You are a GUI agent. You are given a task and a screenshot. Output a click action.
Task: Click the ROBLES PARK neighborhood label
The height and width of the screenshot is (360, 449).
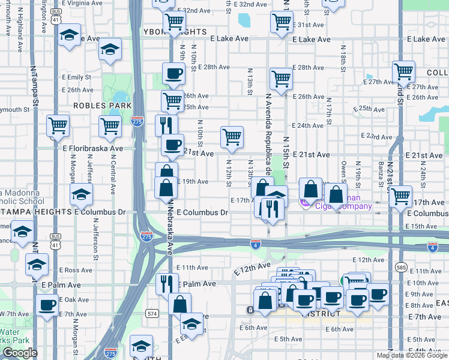[x=94, y=106]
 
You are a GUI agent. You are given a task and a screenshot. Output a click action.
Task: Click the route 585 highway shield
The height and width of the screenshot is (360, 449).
[x=401, y=266]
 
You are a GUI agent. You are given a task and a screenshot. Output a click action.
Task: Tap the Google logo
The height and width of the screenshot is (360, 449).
[x=19, y=353]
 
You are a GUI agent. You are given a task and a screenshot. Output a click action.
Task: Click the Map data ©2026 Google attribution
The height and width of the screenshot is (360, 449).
[x=412, y=355]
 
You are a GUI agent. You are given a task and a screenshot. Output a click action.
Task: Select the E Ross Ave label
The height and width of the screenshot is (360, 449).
[x=75, y=271]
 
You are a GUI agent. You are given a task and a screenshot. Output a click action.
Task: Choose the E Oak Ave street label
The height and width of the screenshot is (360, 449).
[x=74, y=299]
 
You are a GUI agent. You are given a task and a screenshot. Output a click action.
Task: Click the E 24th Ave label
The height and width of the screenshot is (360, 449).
[x=308, y=126]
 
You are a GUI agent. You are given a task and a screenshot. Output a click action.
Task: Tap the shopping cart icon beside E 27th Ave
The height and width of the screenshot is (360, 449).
[x=403, y=72]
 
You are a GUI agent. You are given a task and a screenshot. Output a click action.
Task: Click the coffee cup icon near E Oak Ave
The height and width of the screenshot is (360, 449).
[x=46, y=304]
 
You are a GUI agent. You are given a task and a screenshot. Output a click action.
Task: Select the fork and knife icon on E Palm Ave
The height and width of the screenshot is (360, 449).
[x=166, y=283]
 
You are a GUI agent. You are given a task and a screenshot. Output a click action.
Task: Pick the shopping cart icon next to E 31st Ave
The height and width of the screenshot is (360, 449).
[x=282, y=23]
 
